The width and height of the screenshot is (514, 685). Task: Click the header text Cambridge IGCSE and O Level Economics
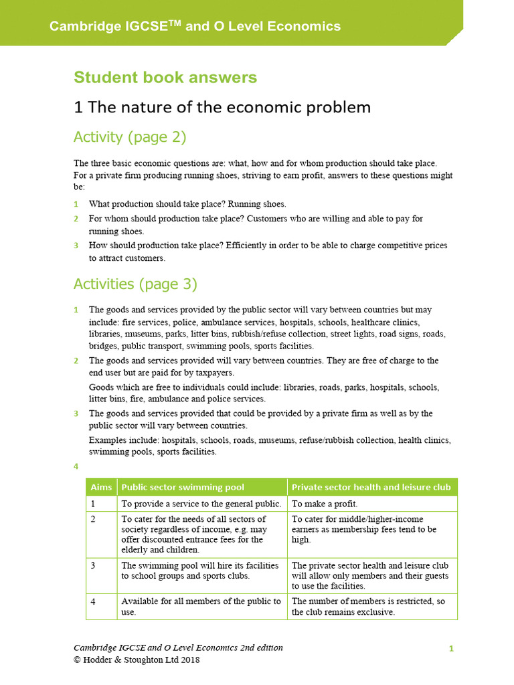[x=195, y=27]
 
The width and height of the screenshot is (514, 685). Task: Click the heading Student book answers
[x=165, y=78]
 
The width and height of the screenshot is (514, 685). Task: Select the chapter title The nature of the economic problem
[x=222, y=107]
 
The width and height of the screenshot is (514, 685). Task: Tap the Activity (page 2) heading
[x=129, y=137]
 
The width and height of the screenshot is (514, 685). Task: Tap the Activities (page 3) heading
[x=135, y=284]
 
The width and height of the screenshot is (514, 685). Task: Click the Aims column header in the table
[x=101, y=487]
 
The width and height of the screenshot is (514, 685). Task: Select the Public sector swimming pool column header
[x=183, y=487]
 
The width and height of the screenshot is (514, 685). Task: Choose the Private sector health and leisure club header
[x=371, y=487]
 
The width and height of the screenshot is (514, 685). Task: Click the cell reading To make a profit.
[x=325, y=504]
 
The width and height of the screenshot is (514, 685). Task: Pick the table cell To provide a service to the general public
[x=201, y=504]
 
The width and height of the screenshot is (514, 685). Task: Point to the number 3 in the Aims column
[x=94, y=565]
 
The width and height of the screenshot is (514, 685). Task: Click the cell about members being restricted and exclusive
[x=368, y=606]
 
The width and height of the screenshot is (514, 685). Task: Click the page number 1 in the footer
[x=451, y=648]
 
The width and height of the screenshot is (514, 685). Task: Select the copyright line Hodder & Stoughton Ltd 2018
[x=137, y=660]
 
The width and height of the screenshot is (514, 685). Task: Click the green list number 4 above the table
[x=76, y=466]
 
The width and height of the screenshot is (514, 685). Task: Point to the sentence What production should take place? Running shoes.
[x=187, y=205]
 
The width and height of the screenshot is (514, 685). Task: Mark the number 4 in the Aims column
[x=94, y=601]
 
